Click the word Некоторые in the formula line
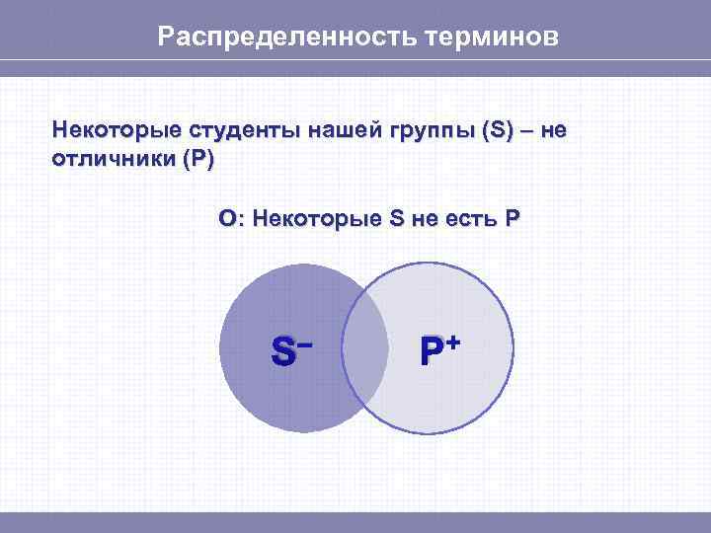[315, 218]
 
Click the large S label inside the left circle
[282, 351]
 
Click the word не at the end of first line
[555, 130]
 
